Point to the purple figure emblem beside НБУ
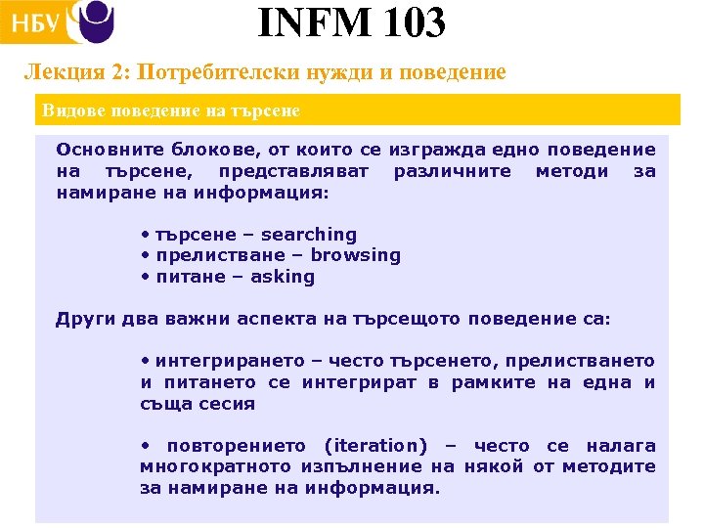coord(95,21)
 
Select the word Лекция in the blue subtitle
coord(56,73)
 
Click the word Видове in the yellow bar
coord(68,110)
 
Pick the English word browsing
coord(356,255)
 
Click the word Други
coord(80,319)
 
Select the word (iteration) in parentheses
coord(375,446)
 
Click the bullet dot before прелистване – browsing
coord(144,255)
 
